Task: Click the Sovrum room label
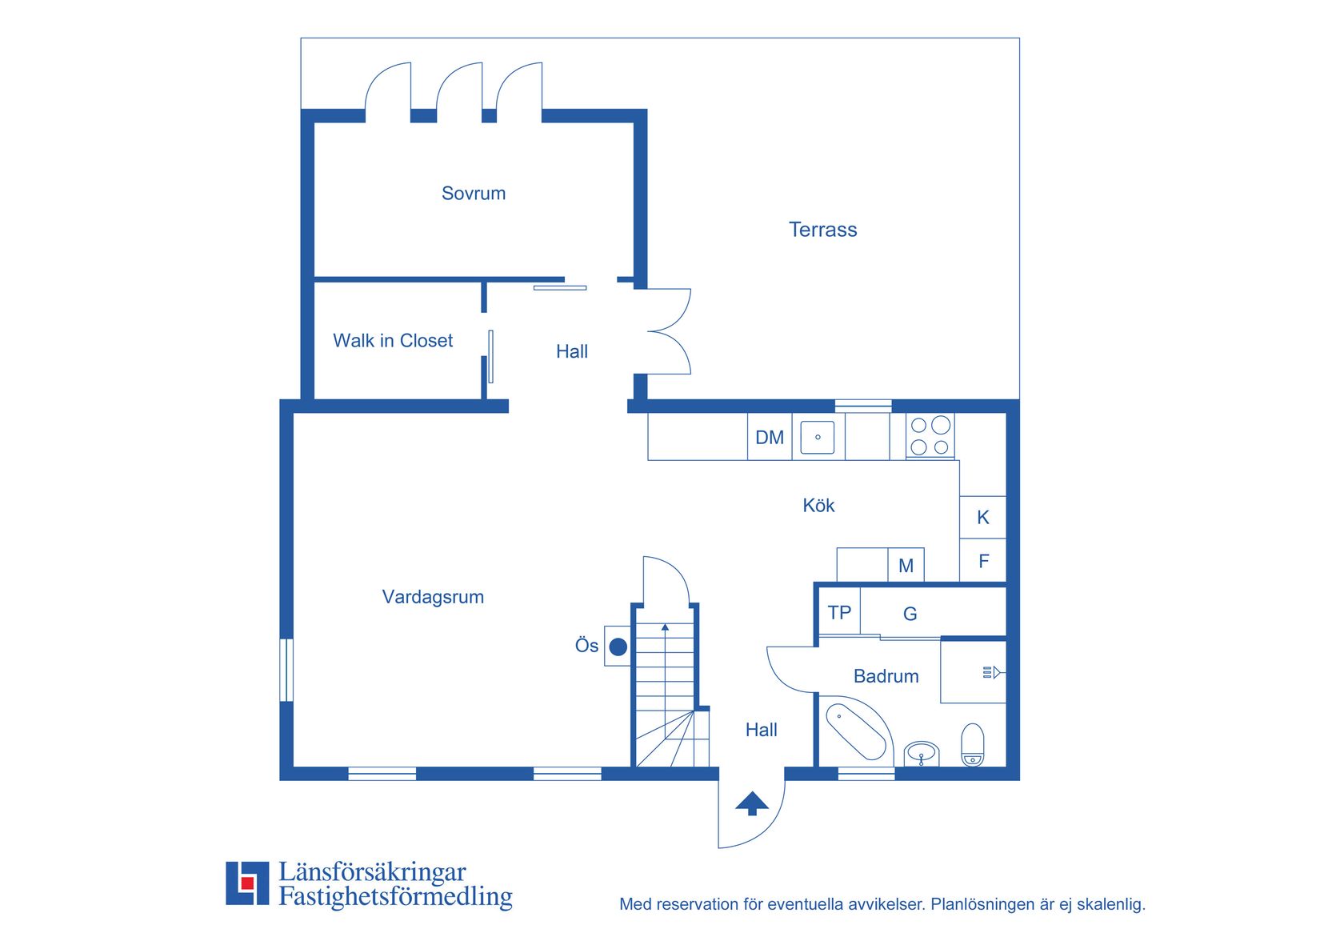(473, 194)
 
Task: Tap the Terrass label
(822, 230)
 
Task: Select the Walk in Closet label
(393, 340)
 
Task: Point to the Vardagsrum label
(433, 596)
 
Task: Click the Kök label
(818, 505)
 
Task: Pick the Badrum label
(886, 676)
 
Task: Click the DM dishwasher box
(770, 437)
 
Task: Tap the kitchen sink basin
(818, 437)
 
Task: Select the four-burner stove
(930, 436)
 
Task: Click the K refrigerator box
(982, 517)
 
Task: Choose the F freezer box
(982, 560)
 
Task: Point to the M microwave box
(906, 565)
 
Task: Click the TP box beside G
(839, 612)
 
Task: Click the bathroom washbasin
(921, 754)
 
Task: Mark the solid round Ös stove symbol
(618, 647)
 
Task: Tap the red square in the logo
(247, 883)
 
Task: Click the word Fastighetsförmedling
(395, 896)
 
